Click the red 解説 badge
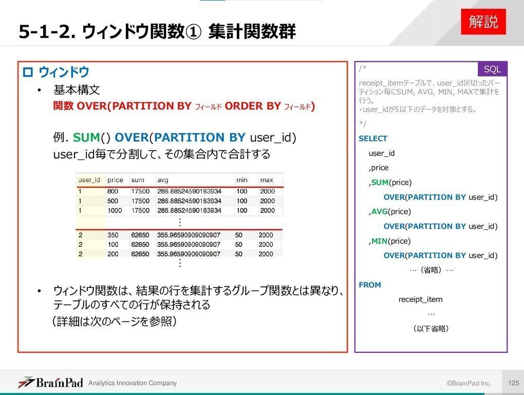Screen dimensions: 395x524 pos(483,22)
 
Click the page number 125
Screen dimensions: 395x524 pos(513,383)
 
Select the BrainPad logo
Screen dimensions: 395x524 pos(50,383)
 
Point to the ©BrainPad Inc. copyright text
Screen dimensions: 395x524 pos(469,383)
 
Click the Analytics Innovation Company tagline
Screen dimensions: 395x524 pos(133,383)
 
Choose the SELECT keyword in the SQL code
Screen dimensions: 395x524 pos(373,138)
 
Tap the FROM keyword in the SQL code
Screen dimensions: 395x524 pos(370,285)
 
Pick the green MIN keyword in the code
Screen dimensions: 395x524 pos(380,241)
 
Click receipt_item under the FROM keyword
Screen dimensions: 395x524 pos(420,299)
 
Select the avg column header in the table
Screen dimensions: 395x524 pos(163,180)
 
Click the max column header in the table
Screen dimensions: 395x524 pos(267,180)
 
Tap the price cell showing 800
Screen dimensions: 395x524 pos(113,191)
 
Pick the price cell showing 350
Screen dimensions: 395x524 pos(113,235)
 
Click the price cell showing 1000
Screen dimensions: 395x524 pos(115,210)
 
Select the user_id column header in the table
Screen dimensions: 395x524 pos(89,180)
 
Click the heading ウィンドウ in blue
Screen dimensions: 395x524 pos(64,73)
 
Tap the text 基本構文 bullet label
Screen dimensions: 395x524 pos(77,90)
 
